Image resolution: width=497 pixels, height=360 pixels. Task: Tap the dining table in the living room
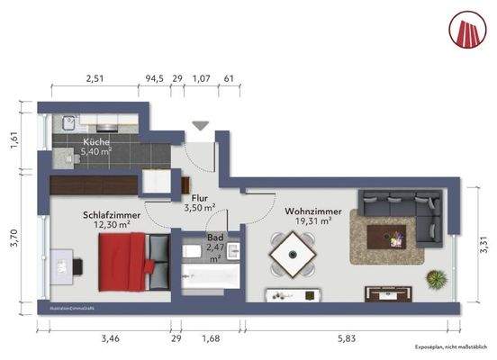coord(294,256)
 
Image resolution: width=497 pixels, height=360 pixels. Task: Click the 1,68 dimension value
coord(210,338)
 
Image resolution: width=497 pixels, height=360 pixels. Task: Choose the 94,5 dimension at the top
coord(155,79)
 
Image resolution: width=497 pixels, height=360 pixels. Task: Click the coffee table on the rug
coord(394,238)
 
